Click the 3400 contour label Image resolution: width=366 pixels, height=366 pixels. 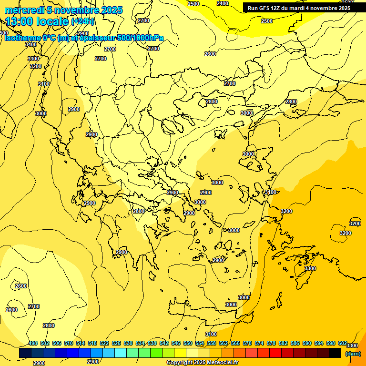(x=31, y=44)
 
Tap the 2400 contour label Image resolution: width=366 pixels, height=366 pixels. (x=222, y=3)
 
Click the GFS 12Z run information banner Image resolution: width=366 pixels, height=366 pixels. (x=299, y=8)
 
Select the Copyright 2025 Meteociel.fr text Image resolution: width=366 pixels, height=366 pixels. (x=202, y=363)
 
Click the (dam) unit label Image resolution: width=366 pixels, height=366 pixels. (x=352, y=354)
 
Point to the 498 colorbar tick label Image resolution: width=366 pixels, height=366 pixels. (x=33, y=343)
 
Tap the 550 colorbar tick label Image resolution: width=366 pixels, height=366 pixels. (x=188, y=343)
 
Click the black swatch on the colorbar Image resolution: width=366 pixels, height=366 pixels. (x=335, y=353)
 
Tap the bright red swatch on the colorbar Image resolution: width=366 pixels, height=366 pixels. (x=275, y=353)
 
